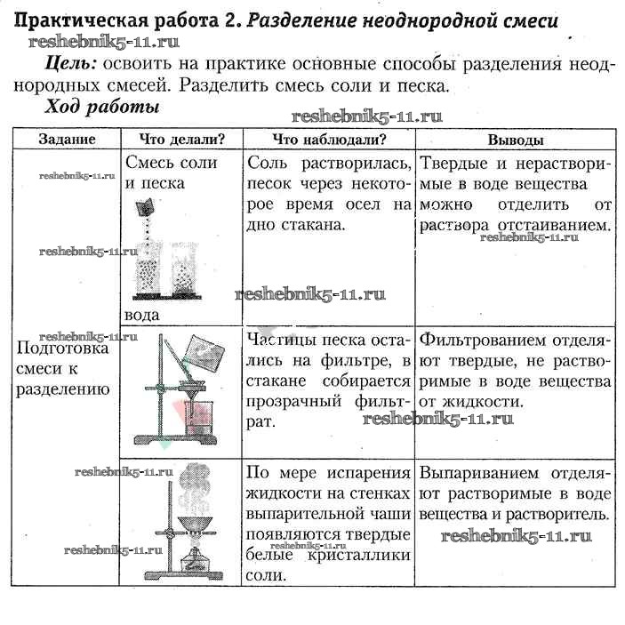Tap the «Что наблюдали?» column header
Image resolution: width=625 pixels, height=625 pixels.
[x=328, y=140]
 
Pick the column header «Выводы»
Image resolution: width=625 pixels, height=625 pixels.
[x=516, y=140]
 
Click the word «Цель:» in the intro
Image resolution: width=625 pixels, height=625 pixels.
[x=70, y=64]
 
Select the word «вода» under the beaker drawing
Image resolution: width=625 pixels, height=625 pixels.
[x=142, y=315]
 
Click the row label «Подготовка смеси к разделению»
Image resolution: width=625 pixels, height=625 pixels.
[x=62, y=369]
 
